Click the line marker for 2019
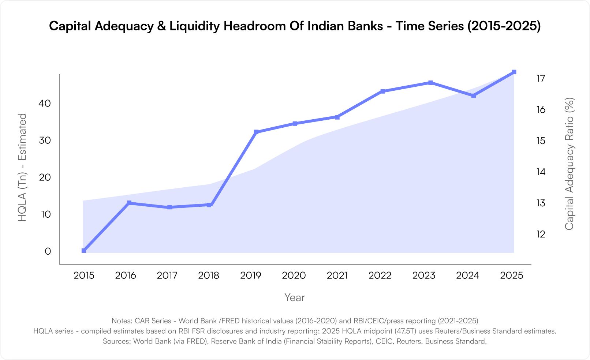(x=256, y=132)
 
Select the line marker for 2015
(x=84, y=251)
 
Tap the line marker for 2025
(x=514, y=72)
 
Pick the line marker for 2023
(x=430, y=83)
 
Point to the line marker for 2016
(x=129, y=203)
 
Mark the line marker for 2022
(x=383, y=91)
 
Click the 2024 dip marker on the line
(x=473, y=96)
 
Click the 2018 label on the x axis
(x=209, y=275)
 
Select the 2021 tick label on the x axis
(x=337, y=275)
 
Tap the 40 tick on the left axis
(x=45, y=103)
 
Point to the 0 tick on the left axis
(x=48, y=251)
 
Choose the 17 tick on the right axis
(x=541, y=79)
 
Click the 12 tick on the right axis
(x=541, y=234)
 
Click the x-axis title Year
(x=295, y=297)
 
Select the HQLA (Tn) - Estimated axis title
(x=23, y=167)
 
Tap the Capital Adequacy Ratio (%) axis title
(x=569, y=164)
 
